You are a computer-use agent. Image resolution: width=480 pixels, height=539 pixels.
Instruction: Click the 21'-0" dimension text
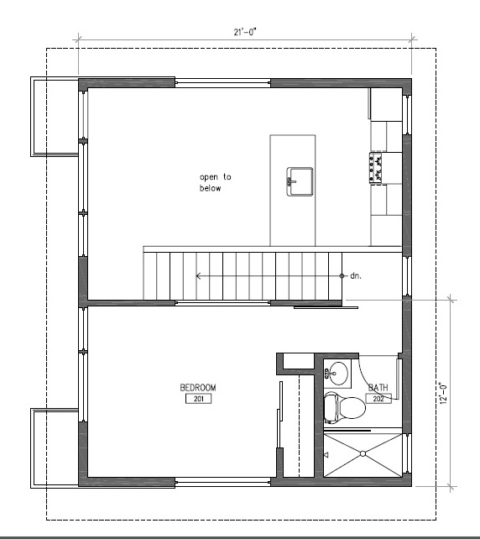(245, 32)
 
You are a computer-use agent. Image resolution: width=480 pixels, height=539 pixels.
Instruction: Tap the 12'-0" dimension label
(444, 392)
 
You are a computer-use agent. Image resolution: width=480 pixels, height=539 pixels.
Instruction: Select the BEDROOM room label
(198, 387)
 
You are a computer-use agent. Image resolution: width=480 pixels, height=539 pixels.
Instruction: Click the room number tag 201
(198, 399)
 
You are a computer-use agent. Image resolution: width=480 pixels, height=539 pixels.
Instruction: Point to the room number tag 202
(378, 399)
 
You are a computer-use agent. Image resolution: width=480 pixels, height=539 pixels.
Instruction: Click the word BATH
(378, 387)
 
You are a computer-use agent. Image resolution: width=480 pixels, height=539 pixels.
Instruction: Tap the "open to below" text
(215, 182)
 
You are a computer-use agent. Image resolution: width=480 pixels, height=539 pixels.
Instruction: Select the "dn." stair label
(356, 275)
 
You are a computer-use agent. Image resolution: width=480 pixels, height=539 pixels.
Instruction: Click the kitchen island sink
(300, 181)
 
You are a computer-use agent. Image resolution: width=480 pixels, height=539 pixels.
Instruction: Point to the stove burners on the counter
(375, 168)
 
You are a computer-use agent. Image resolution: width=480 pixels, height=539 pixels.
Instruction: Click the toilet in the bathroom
(344, 407)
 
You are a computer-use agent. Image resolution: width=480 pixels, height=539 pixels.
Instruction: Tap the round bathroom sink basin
(338, 373)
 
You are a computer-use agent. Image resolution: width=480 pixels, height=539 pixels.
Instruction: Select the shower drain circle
(363, 453)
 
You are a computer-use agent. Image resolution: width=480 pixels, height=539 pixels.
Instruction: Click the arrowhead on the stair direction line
(198, 275)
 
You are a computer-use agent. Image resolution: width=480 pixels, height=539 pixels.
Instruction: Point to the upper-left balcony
(55, 117)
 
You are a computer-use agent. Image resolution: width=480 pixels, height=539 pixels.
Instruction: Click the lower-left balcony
(55, 447)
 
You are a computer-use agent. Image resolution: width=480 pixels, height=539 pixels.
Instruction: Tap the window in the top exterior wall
(222, 83)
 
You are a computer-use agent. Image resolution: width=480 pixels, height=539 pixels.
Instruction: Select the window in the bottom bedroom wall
(222, 482)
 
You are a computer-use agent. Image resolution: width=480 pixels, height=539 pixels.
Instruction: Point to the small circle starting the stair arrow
(342, 275)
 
